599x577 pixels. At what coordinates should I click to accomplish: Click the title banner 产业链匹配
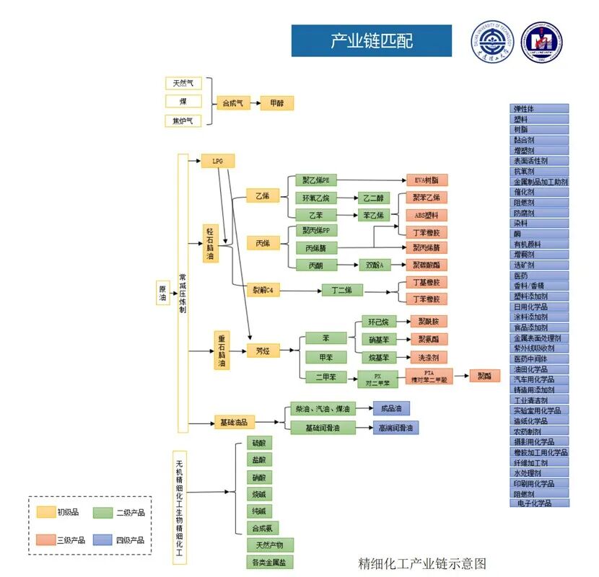click(x=371, y=40)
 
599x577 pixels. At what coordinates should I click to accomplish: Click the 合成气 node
click(x=233, y=103)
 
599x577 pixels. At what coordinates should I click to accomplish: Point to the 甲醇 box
click(x=277, y=103)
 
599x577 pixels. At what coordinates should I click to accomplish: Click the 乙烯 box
click(x=262, y=195)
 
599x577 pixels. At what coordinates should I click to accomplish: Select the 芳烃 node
click(x=263, y=351)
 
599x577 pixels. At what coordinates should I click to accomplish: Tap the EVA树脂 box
click(x=427, y=180)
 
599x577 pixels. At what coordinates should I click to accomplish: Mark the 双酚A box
click(x=375, y=265)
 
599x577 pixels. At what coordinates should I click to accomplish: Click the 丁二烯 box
click(x=341, y=290)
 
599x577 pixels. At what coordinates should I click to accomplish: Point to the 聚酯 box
click(x=484, y=376)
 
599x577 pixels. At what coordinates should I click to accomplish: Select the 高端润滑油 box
click(x=395, y=428)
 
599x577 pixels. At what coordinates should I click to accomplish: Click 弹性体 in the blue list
click(x=539, y=109)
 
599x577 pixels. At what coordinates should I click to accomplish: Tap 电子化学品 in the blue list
click(x=539, y=503)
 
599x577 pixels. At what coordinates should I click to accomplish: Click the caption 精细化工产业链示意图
click(x=423, y=563)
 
